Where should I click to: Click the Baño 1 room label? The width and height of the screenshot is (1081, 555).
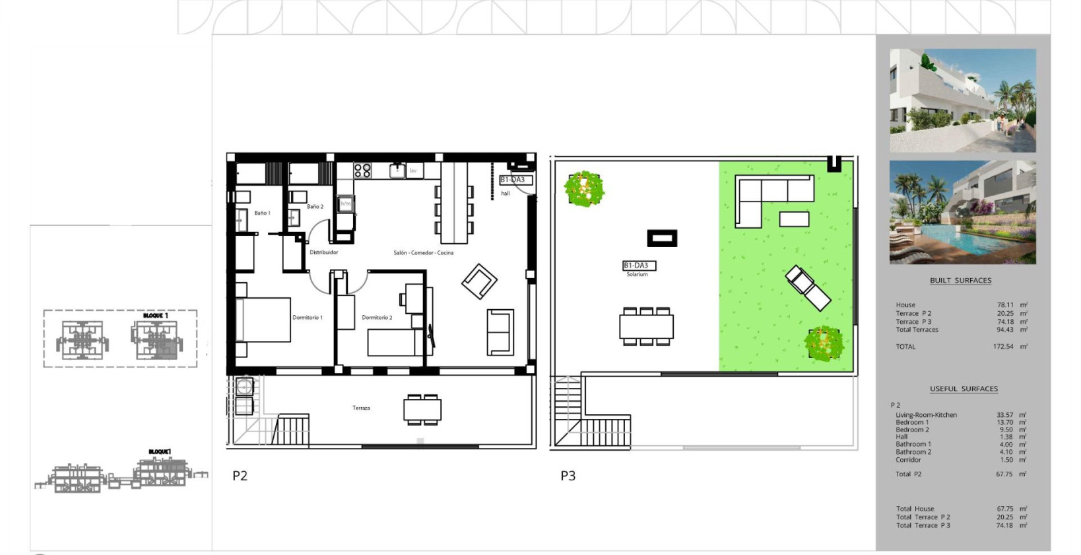point(262,213)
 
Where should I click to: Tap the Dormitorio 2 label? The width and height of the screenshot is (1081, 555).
point(377,318)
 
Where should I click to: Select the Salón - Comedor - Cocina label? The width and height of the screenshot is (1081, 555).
point(423,253)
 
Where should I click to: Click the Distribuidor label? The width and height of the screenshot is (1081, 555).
point(324,252)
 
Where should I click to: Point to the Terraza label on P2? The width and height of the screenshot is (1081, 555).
point(361,408)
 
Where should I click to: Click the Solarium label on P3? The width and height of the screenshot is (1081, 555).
point(637,274)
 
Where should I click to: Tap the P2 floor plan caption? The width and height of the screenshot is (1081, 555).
point(240,476)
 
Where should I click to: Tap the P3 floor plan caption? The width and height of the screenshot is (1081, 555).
point(568,476)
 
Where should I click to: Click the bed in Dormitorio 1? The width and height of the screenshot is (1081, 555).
point(264,320)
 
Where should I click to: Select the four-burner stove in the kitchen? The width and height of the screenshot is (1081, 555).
point(362,171)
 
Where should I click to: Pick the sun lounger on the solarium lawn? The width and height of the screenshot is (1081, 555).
point(808,287)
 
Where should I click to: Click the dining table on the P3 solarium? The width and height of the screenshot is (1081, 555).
point(646,326)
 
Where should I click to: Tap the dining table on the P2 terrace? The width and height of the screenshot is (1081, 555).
point(422,410)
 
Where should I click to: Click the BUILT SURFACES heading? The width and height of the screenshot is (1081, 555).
point(960,281)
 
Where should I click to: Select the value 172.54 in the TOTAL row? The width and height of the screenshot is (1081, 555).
point(1002,347)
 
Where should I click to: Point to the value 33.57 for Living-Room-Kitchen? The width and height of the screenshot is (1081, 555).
point(1004,415)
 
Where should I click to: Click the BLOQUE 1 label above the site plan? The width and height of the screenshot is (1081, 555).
point(155,316)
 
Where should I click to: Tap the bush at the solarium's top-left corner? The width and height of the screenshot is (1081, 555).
point(584,189)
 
